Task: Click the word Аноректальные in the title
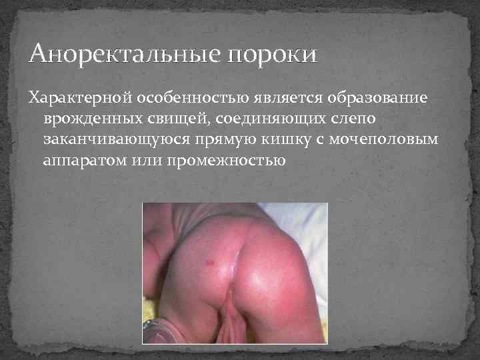click(124, 54)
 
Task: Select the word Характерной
click(80, 98)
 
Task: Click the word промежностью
click(226, 161)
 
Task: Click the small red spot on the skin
click(211, 261)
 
